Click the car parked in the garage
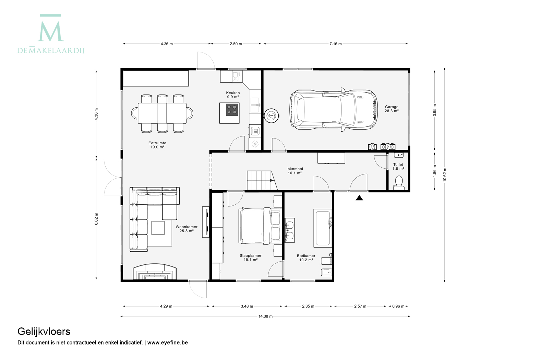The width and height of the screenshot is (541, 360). click(333, 110)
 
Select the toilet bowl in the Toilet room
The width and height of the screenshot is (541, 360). click(399, 183)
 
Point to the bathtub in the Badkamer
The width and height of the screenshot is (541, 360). click(323, 228)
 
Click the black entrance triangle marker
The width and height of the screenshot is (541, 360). click(359, 198)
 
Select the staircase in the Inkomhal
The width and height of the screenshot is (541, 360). click(262, 180)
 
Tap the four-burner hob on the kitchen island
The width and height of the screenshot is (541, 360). click(232, 109)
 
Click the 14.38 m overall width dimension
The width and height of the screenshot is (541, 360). click(265, 316)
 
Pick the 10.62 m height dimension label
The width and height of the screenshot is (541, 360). click(445, 175)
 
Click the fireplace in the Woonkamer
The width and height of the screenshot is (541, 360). click(155, 272)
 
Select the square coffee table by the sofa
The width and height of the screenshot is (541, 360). click(158, 228)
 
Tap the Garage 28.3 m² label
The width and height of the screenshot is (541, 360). click(392, 109)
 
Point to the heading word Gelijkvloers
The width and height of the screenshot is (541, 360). click(44, 332)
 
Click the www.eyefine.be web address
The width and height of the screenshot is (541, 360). click(167, 343)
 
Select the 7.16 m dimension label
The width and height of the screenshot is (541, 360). click(336, 44)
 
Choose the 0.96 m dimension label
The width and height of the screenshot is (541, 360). click(398, 307)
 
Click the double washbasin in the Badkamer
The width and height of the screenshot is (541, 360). click(290, 230)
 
